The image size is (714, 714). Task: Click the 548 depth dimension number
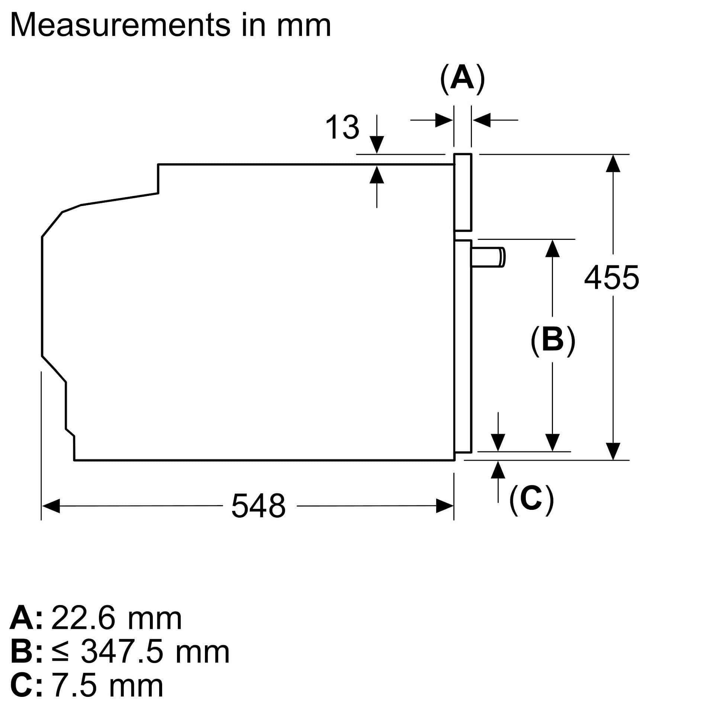click(258, 505)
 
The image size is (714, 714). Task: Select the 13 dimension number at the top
click(342, 127)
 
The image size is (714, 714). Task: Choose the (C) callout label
click(531, 499)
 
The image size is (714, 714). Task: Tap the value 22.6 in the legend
click(83, 618)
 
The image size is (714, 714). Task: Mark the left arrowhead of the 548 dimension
click(51, 506)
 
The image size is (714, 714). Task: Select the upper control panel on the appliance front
click(463, 192)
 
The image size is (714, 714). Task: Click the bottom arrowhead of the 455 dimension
click(613, 451)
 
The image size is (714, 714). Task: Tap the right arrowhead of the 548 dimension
click(445, 506)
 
